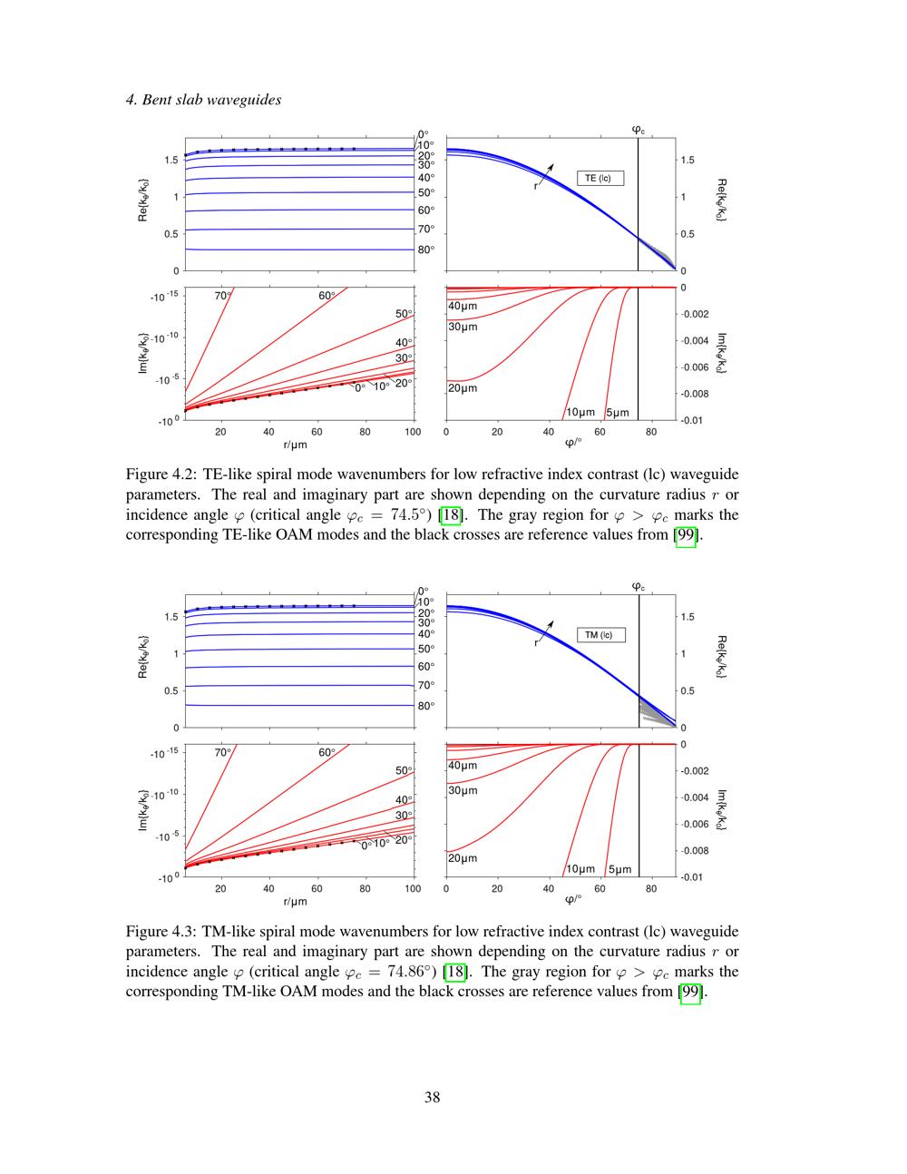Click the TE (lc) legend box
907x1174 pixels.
click(x=600, y=178)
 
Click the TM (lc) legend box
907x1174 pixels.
click(x=600, y=635)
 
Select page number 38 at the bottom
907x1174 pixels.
click(x=433, y=1097)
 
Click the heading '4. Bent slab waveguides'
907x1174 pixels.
click(x=203, y=100)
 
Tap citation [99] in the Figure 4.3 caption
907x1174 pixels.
click(x=693, y=992)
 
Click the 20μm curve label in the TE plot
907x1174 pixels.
click(x=463, y=388)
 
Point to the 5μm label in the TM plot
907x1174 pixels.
click(x=619, y=869)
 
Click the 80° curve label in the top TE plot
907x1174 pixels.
click(x=426, y=249)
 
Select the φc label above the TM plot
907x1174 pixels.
click(x=639, y=586)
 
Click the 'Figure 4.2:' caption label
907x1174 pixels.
click(x=161, y=474)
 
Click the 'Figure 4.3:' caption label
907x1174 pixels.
click(x=161, y=932)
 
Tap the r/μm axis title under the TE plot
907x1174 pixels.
click(x=296, y=445)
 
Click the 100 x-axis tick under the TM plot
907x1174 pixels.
click(x=414, y=889)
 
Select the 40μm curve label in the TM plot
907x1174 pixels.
click(x=463, y=766)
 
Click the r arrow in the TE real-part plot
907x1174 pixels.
click(x=544, y=175)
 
